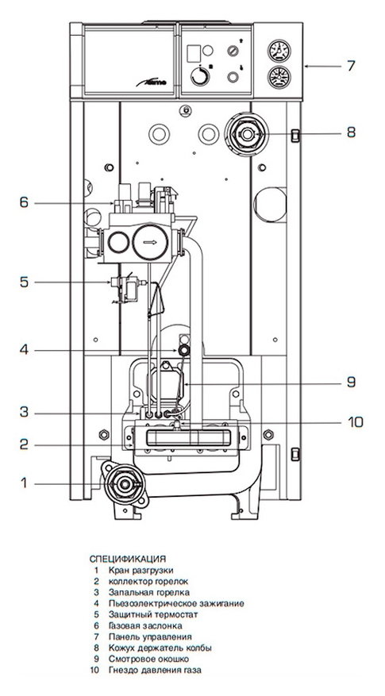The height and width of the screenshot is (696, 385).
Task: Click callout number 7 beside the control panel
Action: pyautogui.click(x=351, y=66)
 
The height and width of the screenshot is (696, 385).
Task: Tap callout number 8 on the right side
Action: pyautogui.click(x=351, y=133)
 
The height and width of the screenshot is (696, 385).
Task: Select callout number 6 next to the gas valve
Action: pyautogui.click(x=24, y=203)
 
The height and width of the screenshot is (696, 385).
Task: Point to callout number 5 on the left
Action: pyautogui.click(x=24, y=283)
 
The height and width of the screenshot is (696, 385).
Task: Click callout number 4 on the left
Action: pyautogui.click(x=24, y=350)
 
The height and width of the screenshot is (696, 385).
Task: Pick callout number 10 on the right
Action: pyautogui.click(x=355, y=421)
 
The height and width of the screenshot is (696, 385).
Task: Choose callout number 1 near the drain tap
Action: pyautogui.click(x=24, y=483)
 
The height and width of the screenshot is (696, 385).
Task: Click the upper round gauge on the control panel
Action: pyautogui.click(x=279, y=51)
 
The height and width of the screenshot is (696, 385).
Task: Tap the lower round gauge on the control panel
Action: pyautogui.click(x=279, y=77)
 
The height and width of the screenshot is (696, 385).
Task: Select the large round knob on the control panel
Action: pyautogui.click(x=200, y=77)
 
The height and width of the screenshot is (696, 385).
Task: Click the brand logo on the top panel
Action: pyautogui.click(x=151, y=82)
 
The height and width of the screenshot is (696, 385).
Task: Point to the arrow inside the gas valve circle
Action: pyautogui.click(x=151, y=242)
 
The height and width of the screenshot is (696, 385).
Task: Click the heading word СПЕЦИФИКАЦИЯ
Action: pyautogui.click(x=128, y=559)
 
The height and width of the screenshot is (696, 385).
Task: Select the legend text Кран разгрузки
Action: pyautogui.click(x=141, y=571)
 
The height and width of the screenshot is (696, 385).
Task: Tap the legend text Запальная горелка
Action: pyautogui.click(x=148, y=593)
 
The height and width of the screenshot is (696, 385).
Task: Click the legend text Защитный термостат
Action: pyautogui.click(x=152, y=615)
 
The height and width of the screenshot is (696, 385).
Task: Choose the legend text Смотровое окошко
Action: pyautogui.click(x=148, y=659)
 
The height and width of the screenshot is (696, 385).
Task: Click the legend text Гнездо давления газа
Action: pyautogui.click(x=158, y=671)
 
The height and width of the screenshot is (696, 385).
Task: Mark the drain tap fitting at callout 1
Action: pyautogui.click(x=125, y=484)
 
